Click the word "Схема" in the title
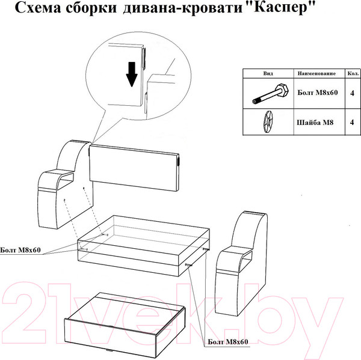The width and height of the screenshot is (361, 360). tap(37, 8)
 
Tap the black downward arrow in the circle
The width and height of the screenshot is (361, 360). tap(132, 75)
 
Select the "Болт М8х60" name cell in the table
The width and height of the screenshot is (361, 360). tap(317, 93)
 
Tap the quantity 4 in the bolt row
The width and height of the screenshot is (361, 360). tap(351, 93)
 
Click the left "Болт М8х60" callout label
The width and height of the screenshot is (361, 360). tap(20, 249)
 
